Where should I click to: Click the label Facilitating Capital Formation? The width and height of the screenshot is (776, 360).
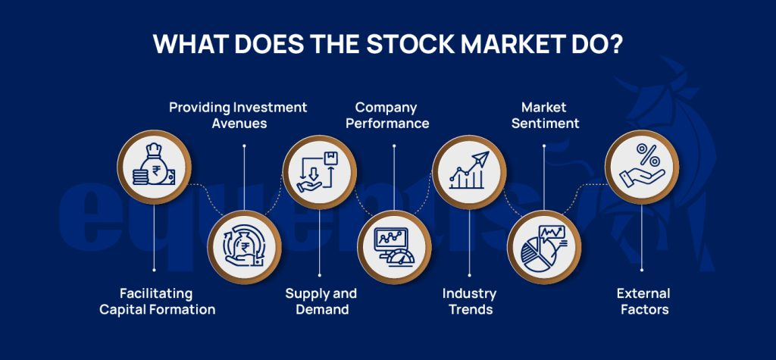158,301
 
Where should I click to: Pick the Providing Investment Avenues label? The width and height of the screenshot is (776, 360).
238,114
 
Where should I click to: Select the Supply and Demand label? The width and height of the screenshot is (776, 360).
321,301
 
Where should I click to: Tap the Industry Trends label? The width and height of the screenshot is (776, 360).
469,301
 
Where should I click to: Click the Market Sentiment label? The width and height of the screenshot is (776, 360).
544,114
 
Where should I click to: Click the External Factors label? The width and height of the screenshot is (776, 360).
643,301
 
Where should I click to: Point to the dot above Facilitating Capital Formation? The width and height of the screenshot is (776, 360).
154,269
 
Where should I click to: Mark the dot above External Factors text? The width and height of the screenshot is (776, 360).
641,269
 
